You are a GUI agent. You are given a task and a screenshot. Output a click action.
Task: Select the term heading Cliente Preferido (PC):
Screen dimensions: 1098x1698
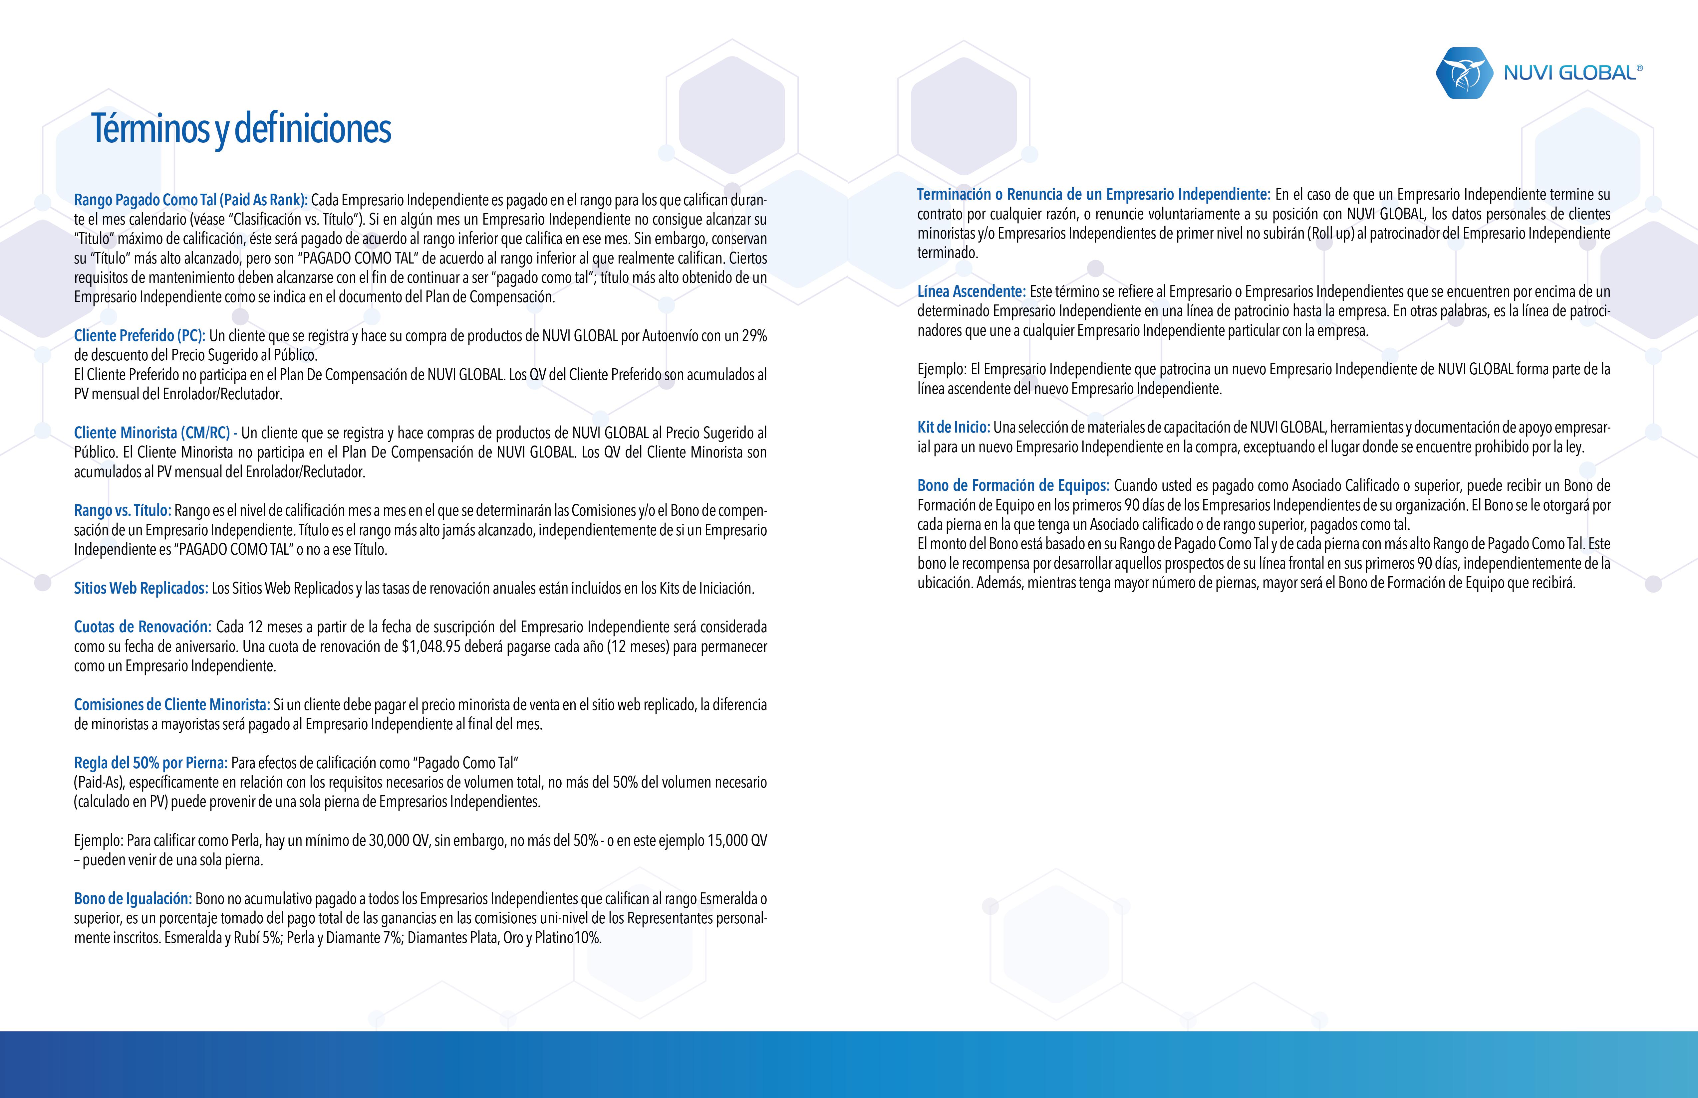coord(139,336)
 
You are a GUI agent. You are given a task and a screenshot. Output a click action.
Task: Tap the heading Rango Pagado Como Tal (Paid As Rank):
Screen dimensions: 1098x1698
coord(190,200)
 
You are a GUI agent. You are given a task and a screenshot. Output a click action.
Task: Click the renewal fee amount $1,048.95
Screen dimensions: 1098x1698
coord(431,647)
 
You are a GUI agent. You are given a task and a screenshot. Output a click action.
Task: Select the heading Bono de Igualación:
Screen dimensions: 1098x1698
coord(133,899)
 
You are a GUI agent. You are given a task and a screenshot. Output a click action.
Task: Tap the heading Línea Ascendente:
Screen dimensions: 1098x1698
coord(971,291)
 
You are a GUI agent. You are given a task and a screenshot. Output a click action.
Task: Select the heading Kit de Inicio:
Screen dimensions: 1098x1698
coord(953,428)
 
